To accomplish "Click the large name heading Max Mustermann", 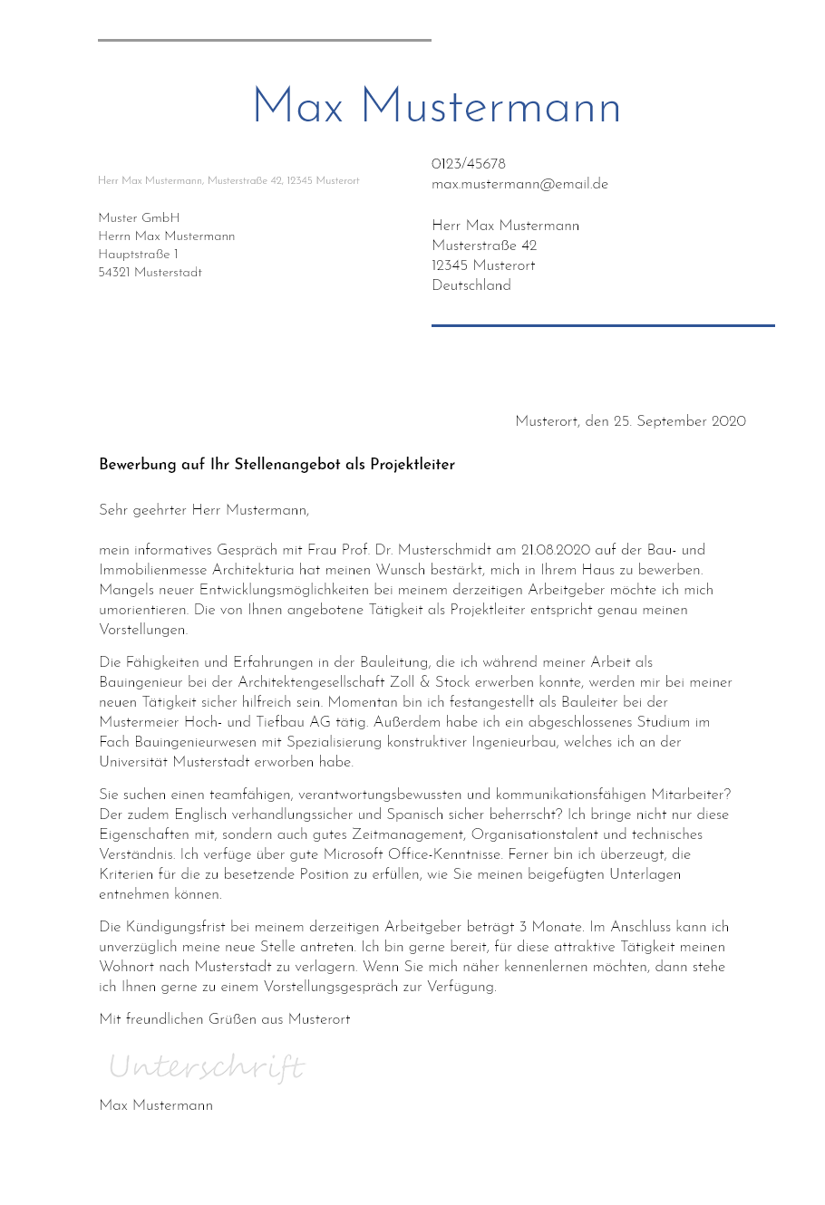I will (436, 108).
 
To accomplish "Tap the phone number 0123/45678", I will (468, 164).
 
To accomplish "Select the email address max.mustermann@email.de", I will (519, 184).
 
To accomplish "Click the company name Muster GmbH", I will (139, 218).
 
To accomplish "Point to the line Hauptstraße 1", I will (138, 255).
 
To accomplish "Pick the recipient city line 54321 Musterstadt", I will (150, 273).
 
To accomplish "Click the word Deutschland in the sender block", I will (471, 285).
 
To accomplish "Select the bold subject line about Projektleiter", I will (277, 465).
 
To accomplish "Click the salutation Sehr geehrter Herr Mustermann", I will (204, 510).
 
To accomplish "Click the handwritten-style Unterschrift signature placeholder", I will (207, 1066).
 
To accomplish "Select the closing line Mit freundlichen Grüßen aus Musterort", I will (224, 1019).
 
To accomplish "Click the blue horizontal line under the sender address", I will (603, 325).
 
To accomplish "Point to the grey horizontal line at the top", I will (264, 40).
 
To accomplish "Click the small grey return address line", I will (228, 181).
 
